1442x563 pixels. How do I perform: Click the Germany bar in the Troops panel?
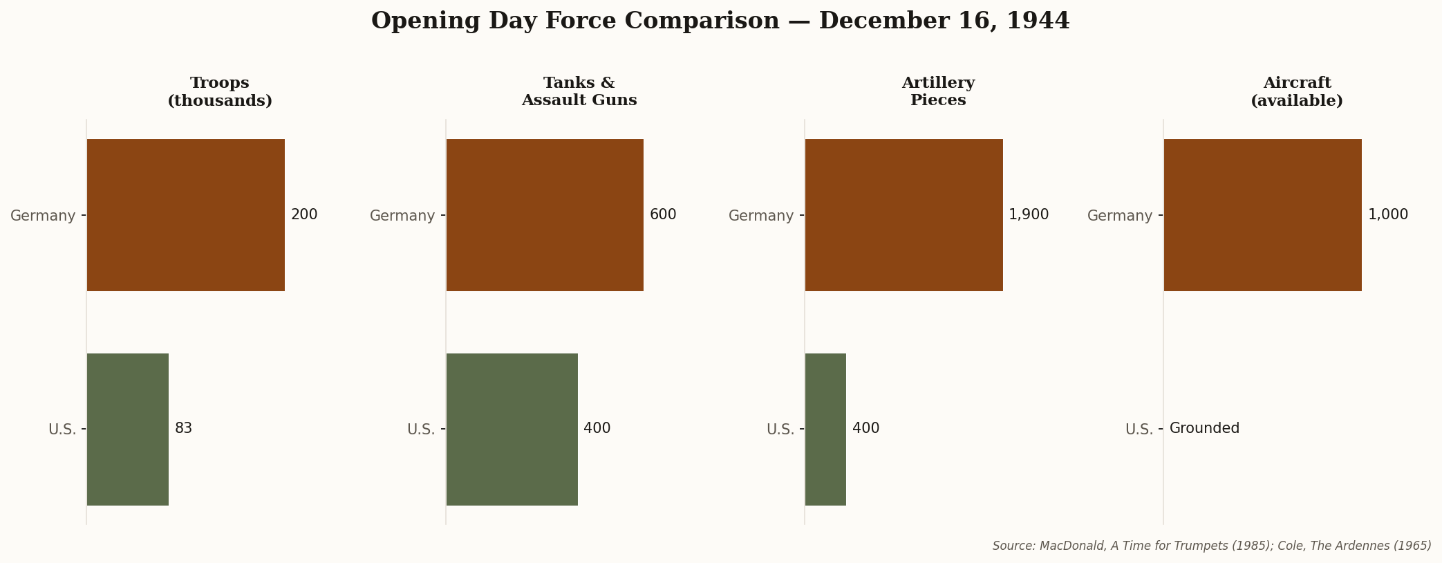click(185, 215)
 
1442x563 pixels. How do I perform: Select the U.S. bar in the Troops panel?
click(128, 429)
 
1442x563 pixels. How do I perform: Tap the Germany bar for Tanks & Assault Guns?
click(545, 215)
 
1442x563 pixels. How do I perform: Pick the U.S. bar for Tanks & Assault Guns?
click(512, 429)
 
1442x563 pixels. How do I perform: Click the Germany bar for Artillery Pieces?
click(903, 215)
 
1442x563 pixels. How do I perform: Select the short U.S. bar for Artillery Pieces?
click(825, 429)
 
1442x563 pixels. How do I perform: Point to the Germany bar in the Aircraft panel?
click(1262, 215)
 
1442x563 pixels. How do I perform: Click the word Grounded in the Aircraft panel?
click(1204, 429)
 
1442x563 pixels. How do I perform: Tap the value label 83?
click(183, 429)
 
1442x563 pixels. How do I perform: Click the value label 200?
click(304, 215)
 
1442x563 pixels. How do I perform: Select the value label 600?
click(663, 215)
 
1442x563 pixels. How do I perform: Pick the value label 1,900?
click(1029, 215)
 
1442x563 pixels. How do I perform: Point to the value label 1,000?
click(1387, 215)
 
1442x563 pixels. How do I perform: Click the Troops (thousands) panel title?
click(220, 92)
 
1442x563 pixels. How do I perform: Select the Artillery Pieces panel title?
click(938, 92)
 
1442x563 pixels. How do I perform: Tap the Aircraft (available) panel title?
click(1297, 92)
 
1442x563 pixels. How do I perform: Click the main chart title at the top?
click(720, 21)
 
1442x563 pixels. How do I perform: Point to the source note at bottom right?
click(1211, 546)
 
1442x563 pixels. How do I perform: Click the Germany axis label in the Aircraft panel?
click(1119, 216)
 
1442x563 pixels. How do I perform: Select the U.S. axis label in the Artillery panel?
click(780, 430)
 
